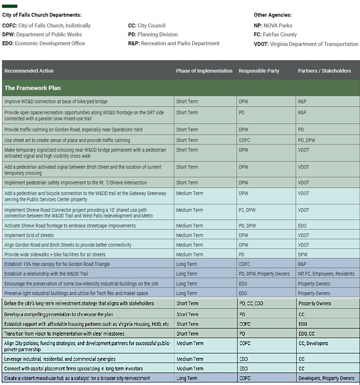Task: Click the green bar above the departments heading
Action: [10, 6]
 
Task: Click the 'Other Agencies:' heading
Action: [273, 15]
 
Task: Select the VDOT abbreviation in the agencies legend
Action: [261, 44]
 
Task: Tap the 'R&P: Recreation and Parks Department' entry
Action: [174, 43]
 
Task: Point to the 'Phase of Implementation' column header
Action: [204, 71]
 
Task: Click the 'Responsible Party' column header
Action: [259, 71]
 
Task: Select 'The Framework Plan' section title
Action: [33, 88]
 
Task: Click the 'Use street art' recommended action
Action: [67, 140]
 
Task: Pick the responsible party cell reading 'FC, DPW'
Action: [247, 210]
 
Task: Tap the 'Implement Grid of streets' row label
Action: [29, 235]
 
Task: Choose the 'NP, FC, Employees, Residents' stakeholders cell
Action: [326, 274]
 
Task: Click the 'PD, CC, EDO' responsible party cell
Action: [251, 304]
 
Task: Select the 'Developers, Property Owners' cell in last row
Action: [326, 378]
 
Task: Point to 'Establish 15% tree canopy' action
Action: [57, 264]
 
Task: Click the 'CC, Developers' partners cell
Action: [313, 343]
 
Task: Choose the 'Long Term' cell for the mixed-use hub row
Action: [187, 378]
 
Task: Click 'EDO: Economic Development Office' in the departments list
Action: [44, 43]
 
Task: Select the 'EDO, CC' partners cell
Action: [306, 334]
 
